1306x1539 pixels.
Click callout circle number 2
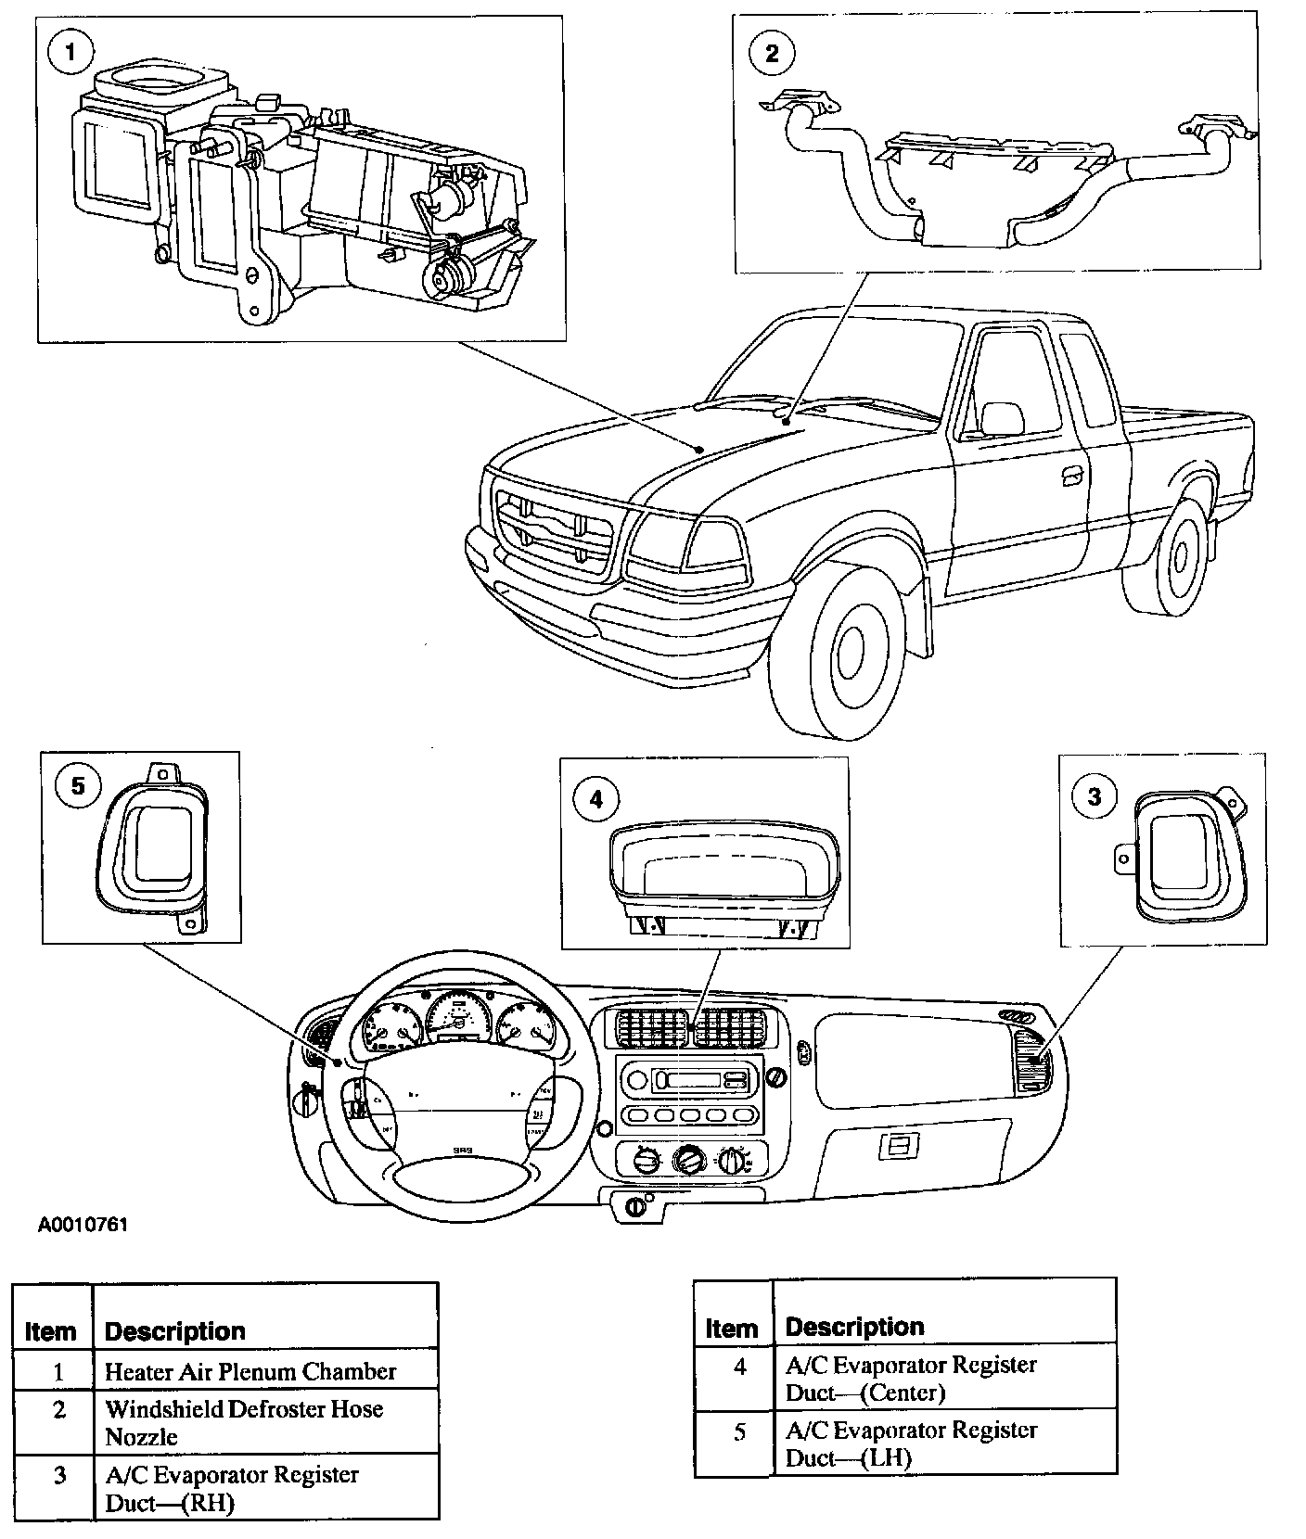772,52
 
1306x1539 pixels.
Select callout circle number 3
1095,796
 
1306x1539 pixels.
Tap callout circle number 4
595,798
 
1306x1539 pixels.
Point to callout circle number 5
78,786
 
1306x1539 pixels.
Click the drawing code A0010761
83,1225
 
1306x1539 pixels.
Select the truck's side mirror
1002,419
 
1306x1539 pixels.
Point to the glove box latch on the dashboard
897,1146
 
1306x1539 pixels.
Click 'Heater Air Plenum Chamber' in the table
250,1371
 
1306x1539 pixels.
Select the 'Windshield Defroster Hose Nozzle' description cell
244,1422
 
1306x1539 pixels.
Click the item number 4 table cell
739,1367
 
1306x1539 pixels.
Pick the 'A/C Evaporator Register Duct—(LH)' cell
911,1444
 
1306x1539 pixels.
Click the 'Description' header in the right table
854,1327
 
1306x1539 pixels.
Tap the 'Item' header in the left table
51,1332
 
